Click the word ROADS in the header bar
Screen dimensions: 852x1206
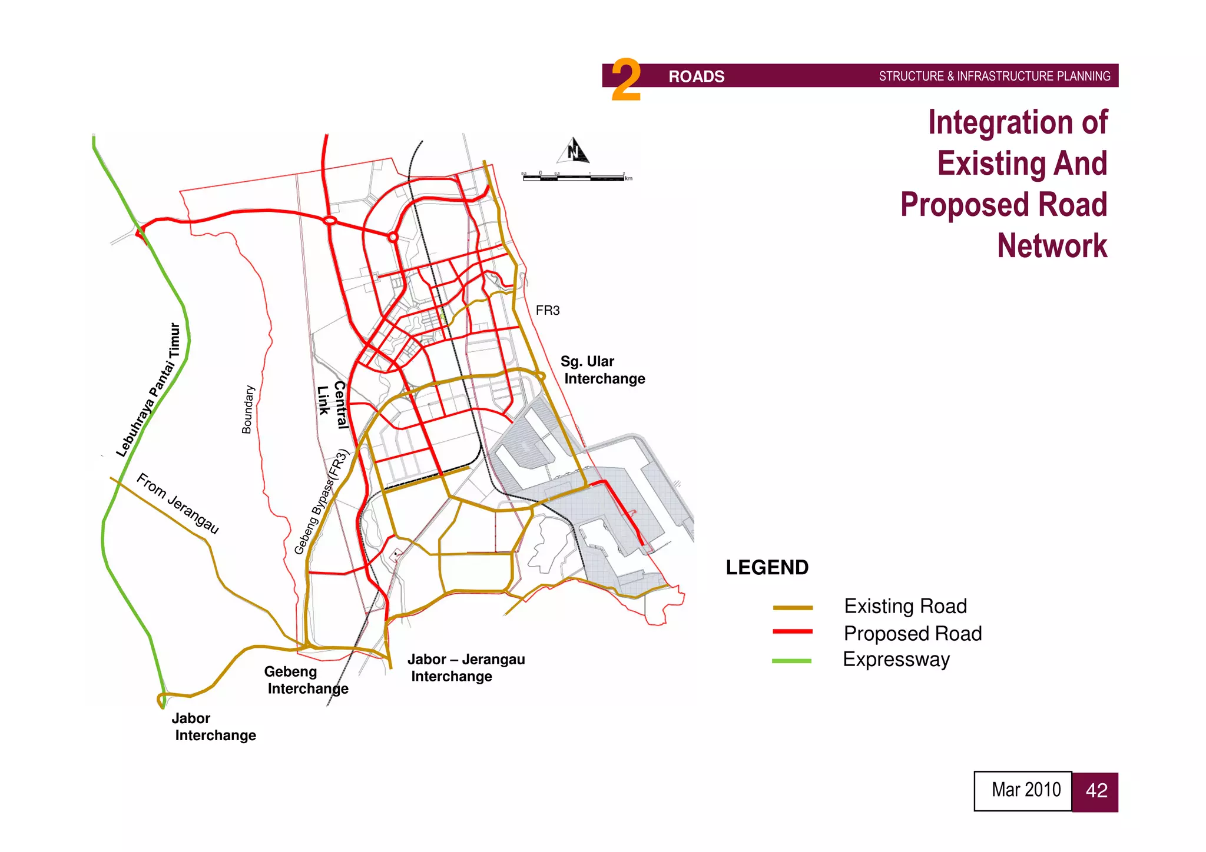click(x=696, y=76)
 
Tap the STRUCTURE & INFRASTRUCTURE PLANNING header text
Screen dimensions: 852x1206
click(x=994, y=76)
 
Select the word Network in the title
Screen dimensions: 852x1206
click(x=1052, y=245)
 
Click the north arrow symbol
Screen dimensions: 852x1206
click(x=574, y=151)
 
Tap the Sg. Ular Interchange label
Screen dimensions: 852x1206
click(x=602, y=370)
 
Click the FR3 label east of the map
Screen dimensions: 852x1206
click(x=547, y=311)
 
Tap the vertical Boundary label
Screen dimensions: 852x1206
click(x=248, y=410)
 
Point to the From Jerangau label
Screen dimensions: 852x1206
click(x=178, y=504)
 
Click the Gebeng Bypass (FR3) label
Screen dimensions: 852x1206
click(x=322, y=502)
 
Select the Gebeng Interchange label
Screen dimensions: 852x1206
click(x=305, y=680)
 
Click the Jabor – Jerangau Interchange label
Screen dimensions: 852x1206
click(x=465, y=668)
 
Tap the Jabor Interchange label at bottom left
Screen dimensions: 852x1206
click(x=213, y=727)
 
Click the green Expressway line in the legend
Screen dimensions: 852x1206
click(x=791, y=661)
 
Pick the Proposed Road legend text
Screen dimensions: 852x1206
click(x=912, y=634)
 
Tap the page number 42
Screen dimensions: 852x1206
click(x=1095, y=791)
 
